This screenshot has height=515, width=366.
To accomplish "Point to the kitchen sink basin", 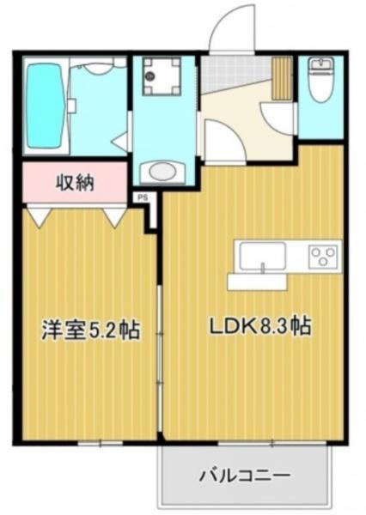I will click(262, 256).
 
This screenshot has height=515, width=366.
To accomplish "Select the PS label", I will click(142, 197).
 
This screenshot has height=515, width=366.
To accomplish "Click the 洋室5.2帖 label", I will click(90, 329).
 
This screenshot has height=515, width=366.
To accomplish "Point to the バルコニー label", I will click(245, 475).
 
